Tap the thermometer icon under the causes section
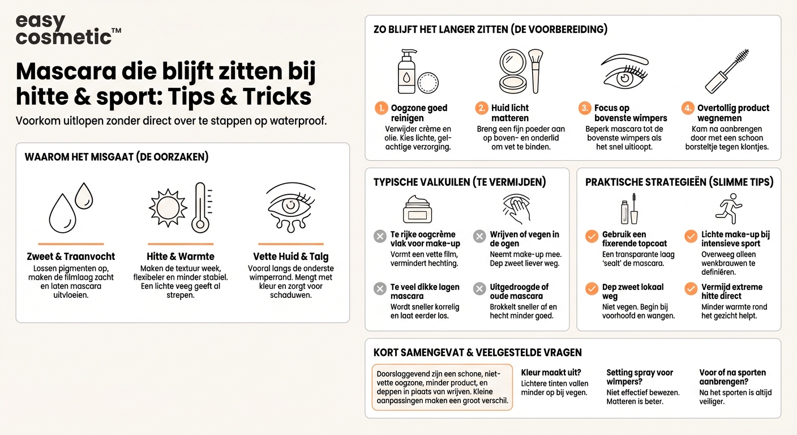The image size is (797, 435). point(200,207)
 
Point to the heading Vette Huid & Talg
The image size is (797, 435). point(290,256)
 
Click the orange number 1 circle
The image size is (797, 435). point(382,108)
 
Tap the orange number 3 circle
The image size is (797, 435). point(585,108)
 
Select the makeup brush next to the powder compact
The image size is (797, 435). point(535,70)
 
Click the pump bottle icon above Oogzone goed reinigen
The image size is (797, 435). point(406,71)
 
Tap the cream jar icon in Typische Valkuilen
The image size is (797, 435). point(418,209)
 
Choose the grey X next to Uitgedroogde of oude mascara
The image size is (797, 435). point(479,289)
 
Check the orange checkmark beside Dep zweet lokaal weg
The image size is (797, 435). point(592,289)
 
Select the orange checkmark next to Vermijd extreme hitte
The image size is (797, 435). point(691,289)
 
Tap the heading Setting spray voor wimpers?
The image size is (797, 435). point(640,377)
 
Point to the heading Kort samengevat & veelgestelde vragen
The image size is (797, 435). point(477,352)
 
